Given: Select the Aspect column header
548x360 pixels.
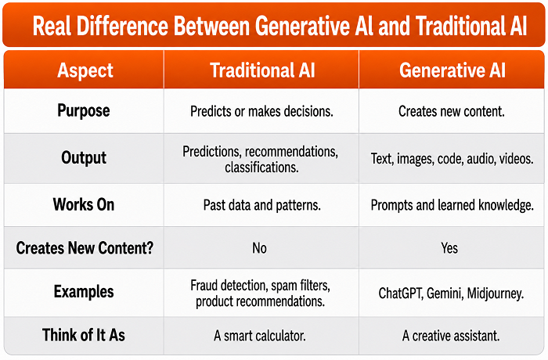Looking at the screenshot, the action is tap(85, 70).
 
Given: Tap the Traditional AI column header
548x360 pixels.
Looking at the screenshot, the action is tap(262, 70).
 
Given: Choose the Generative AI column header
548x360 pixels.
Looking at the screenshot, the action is tap(452, 70).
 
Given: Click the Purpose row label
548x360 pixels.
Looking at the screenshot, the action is tap(84, 111).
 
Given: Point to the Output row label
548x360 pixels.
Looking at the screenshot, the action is tap(84, 157).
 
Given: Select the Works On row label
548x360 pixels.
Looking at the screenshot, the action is tap(84, 204).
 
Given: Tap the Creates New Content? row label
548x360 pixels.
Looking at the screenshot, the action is tap(85, 248).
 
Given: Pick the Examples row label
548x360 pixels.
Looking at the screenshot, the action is tap(84, 291).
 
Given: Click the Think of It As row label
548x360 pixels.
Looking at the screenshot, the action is tap(84, 335).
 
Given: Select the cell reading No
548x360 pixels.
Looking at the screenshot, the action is tap(259, 248).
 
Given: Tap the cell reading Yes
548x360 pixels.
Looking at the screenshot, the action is tap(449, 248).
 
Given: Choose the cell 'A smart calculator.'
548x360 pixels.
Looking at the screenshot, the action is tap(260, 336).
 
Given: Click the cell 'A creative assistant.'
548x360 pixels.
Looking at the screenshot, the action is tap(451, 336).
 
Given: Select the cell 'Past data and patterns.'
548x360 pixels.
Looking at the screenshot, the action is tap(261, 205).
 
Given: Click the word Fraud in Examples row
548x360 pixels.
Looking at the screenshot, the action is tap(204, 285).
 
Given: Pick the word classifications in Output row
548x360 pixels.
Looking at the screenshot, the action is tap(261, 167).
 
